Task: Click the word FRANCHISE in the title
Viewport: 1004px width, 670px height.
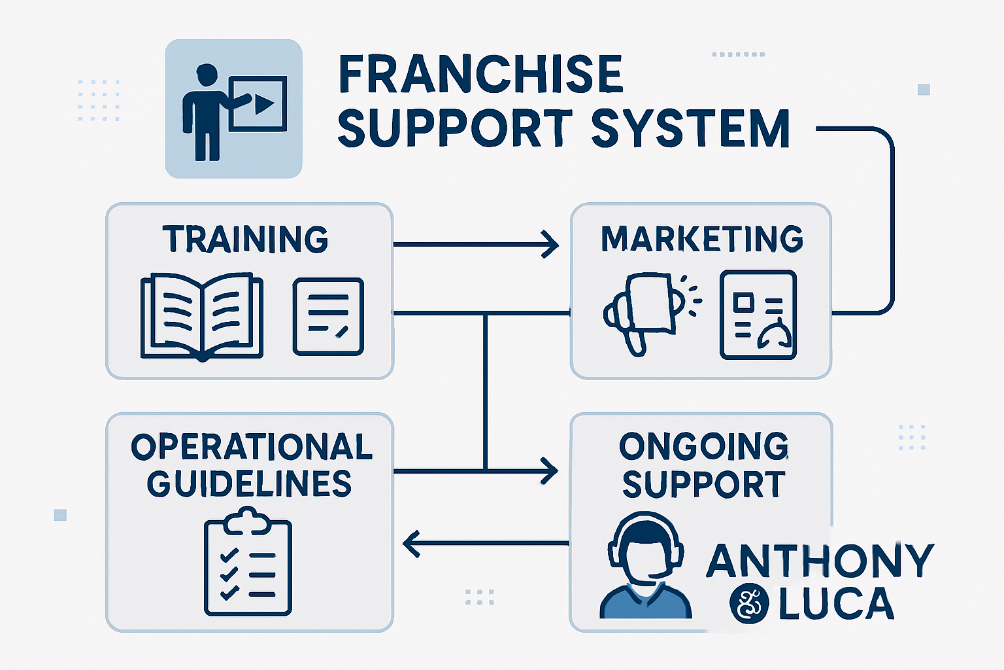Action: pyautogui.click(x=481, y=75)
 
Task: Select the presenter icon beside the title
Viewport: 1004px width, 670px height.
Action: pyautogui.click(x=233, y=109)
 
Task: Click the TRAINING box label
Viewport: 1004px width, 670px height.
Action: pyautogui.click(x=245, y=239)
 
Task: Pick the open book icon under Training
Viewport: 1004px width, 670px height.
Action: pyautogui.click(x=202, y=317)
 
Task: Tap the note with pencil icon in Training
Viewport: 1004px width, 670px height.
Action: pyautogui.click(x=328, y=317)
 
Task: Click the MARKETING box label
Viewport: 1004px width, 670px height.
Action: pyautogui.click(x=702, y=239)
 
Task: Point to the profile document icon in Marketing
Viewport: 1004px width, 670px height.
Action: pyautogui.click(x=758, y=315)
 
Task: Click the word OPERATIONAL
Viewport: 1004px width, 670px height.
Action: pyautogui.click(x=252, y=448)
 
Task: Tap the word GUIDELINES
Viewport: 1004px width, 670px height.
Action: pyautogui.click(x=249, y=484)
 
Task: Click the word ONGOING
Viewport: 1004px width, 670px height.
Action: pyautogui.click(x=704, y=447)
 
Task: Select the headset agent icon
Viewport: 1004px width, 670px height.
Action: pyautogui.click(x=646, y=566)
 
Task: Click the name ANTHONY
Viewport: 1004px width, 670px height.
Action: pyautogui.click(x=820, y=561)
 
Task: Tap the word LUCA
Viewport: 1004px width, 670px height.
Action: pyautogui.click(x=836, y=604)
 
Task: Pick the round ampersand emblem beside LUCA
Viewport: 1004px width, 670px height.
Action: pyautogui.click(x=749, y=603)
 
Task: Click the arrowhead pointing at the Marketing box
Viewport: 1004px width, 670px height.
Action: pyautogui.click(x=550, y=245)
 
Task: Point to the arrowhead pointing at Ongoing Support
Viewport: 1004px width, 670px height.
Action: pyautogui.click(x=550, y=470)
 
